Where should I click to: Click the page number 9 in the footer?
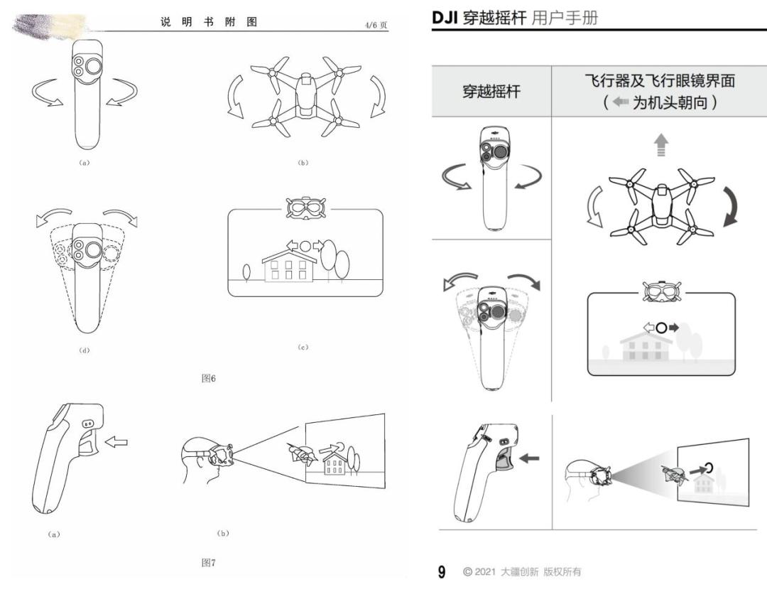pyautogui.click(x=442, y=571)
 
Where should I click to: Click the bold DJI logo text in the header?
pyautogui.click(x=444, y=18)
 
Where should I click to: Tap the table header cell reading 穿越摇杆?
pyautogui.click(x=491, y=92)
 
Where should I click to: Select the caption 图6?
pyautogui.click(x=208, y=378)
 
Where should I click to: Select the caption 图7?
pyautogui.click(x=208, y=563)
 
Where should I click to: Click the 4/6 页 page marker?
pyautogui.click(x=376, y=25)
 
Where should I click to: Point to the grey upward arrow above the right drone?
pyautogui.click(x=661, y=145)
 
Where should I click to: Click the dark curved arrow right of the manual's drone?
pyautogui.click(x=730, y=206)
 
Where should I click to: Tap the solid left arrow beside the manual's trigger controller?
pyautogui.click(x=529, y=458)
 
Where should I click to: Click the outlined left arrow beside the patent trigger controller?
pyautogui.click(x=116, y=441)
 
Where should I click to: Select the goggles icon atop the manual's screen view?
pyautogui.click(x=662, y=293)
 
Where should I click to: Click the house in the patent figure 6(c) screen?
pyautogui.click(x=288, y=267)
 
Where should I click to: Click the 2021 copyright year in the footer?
pyautogui.click(x=485, y=571)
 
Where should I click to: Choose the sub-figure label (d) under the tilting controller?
pyautogui.click(x=84, y=350)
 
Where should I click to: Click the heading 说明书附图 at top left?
pyautogui.click(x=209, y=22)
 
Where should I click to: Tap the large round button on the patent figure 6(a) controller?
pyautogui.click(x=94, y=66)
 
